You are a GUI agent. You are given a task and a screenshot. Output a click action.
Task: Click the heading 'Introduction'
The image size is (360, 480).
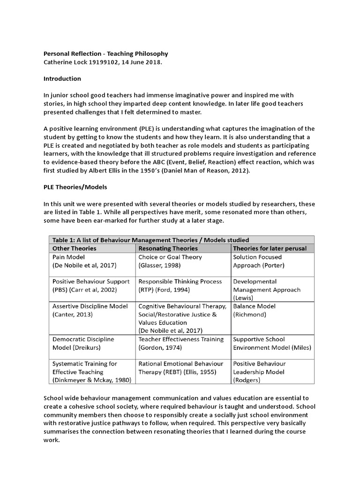62,79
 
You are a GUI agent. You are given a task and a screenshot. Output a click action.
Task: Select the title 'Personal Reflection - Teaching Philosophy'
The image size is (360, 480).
105,54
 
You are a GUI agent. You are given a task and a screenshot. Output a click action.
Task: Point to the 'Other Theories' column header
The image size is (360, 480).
74,248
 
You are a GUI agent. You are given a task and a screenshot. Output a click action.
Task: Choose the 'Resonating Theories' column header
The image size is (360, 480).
168,248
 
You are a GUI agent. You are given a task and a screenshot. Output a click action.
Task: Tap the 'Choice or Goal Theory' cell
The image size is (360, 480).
170,261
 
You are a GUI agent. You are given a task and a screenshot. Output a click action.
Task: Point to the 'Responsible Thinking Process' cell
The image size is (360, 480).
179,285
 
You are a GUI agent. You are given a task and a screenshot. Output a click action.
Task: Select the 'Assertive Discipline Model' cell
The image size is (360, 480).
90,310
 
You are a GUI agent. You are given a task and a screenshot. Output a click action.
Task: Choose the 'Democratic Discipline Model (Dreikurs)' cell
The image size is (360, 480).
83,343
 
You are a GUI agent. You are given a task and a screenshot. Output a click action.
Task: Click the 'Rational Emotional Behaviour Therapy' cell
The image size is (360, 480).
182,367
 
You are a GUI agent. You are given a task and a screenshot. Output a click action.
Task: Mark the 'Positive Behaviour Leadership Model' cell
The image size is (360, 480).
259,372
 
